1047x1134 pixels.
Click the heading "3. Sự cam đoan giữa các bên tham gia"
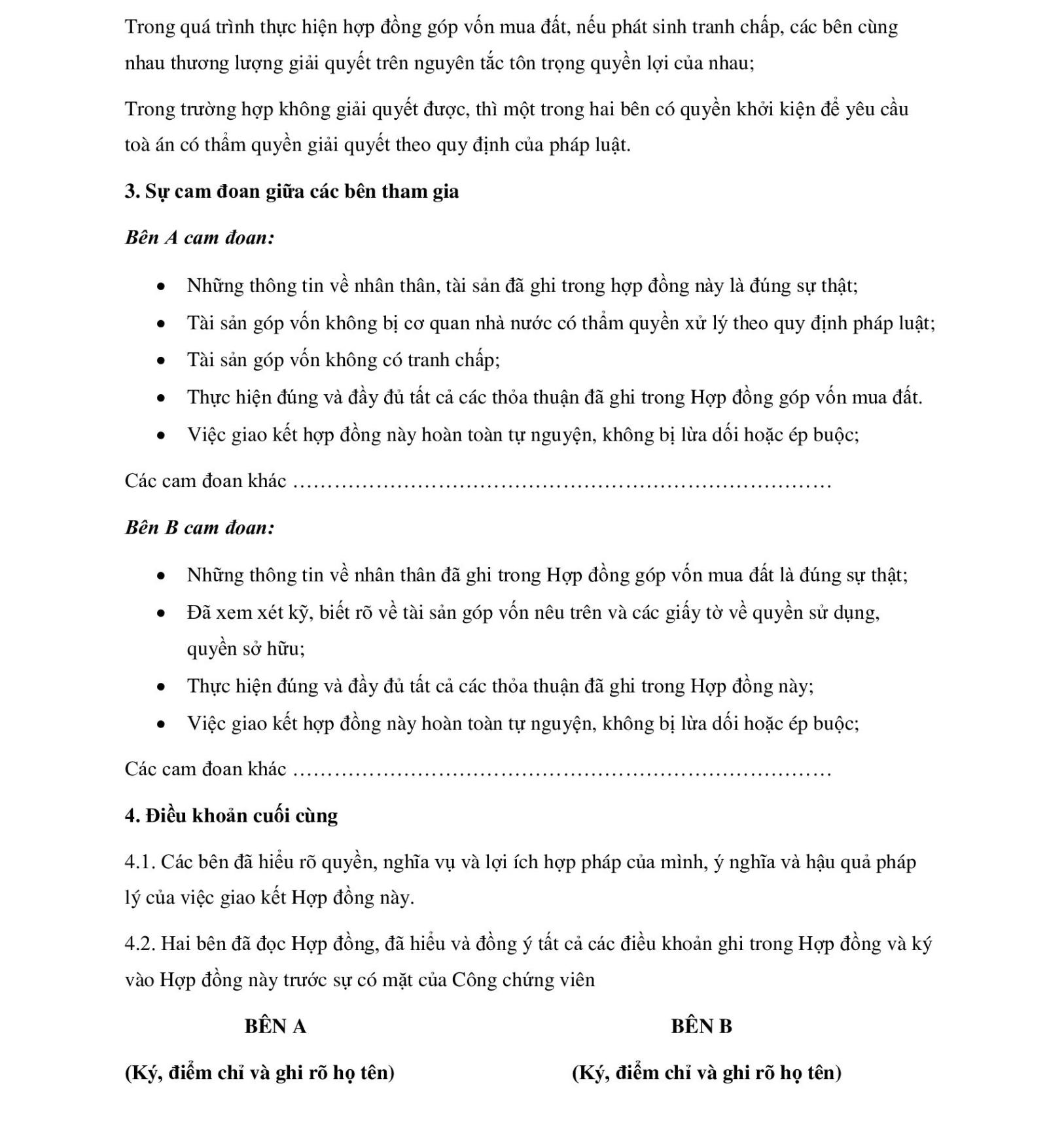291,192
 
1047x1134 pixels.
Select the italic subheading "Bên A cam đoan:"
200,238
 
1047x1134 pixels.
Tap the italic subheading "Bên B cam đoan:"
200,528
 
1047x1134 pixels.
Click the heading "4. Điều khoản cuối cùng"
231,816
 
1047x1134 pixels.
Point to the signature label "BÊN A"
275,1026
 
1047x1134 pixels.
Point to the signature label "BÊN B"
701,1026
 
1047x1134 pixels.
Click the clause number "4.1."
139,862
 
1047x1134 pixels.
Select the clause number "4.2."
139,944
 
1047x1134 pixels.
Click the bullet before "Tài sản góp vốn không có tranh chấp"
161,361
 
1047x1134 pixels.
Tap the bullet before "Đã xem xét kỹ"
161,613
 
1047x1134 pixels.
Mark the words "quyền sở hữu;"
245,649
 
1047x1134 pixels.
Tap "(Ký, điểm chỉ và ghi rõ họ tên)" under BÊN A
260,1072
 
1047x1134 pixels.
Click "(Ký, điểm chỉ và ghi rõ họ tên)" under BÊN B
707,1072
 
